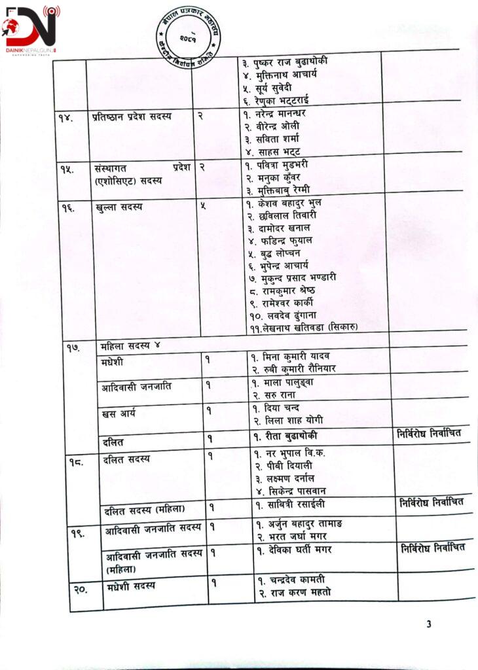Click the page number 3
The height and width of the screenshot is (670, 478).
click(x=429, y=624)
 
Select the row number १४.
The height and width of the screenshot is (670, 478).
click(x=65, y=118)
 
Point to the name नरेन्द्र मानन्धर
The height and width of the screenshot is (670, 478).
click(x=274, y=113)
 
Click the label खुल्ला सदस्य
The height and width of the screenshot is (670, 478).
click(x=119, y=207)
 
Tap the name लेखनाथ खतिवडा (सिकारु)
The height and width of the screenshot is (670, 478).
click(x=302, y=327)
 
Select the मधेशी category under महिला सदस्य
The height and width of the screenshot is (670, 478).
click(x=113, y=362)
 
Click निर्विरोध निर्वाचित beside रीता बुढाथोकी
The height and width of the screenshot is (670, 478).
click(x=430, y=434)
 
